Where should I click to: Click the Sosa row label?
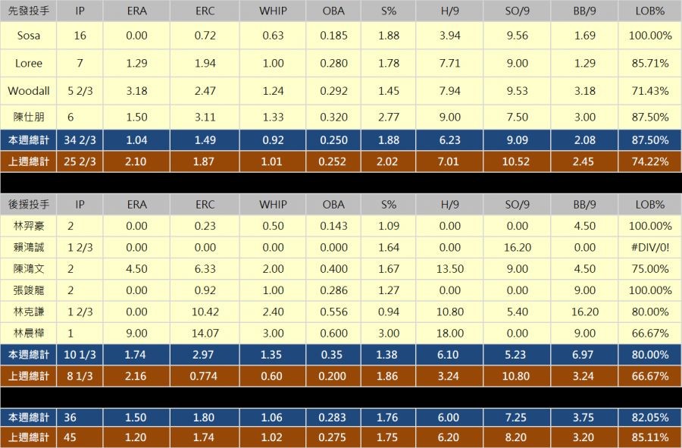click(28, 36)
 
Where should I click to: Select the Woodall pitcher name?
click(28, 91)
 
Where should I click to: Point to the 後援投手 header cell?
click(28, 205)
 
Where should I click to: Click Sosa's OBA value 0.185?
click(333, 36)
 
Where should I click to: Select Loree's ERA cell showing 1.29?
click(136, 64)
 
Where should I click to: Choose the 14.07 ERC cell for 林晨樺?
click(205, 333)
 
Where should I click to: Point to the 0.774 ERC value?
click(205, 376)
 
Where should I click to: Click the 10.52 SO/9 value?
click(517, 161)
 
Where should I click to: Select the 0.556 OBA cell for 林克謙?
click(333, 312)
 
